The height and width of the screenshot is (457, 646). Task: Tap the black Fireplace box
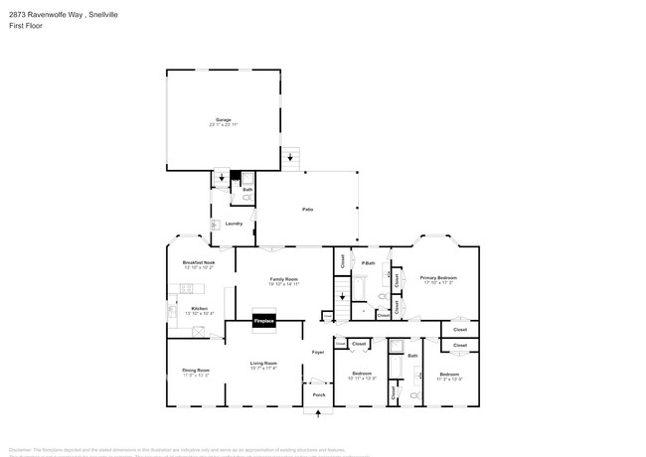263,321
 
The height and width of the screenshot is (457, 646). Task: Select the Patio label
308,210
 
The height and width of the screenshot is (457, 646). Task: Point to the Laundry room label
234,224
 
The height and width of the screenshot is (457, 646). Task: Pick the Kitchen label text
199,309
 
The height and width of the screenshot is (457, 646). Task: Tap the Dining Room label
196,372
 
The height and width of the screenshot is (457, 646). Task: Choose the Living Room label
262,366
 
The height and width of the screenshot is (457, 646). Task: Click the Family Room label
283,281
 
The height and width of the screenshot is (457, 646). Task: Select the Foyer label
318,352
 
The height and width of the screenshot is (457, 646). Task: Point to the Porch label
319,395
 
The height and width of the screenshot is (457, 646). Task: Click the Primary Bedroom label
437,279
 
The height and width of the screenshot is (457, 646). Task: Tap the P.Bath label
368,262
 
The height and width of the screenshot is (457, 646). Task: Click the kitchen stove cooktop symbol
184,289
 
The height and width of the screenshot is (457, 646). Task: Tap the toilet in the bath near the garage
245,198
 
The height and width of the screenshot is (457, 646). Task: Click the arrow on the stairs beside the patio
290,156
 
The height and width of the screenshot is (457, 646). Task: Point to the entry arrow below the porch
318,410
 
